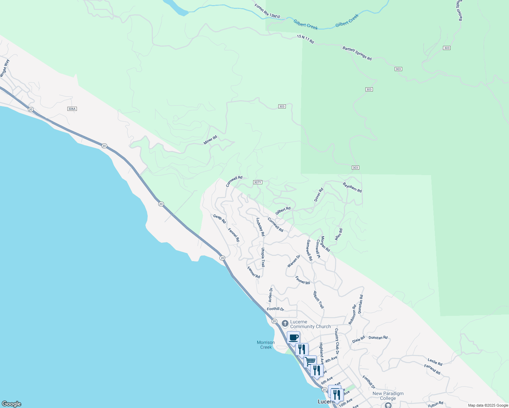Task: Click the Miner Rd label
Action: (x=210, y=140)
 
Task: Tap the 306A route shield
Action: (x=72, y=109)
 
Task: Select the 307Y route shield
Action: (x=258, y=182)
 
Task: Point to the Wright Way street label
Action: (x=4, y=68)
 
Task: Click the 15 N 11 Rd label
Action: (x=305, y=39)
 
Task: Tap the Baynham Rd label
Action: (x=352, y=187)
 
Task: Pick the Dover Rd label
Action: (x=318, y=195)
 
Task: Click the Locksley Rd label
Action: (x=260, y=227)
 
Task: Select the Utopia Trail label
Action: (x=263, y=257)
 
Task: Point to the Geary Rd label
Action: (x=219, y=219)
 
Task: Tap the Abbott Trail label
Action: (x=318, y=300)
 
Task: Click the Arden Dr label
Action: (x=270, y=295)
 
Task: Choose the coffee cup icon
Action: (x=293, y=338)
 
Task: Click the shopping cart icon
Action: (x=310, y=361)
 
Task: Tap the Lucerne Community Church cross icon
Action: (x=285, y=323)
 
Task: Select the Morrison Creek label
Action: (x=266, y=345)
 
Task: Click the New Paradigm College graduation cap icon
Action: (x=388, y=405)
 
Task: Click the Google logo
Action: (x=11, y=404)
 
